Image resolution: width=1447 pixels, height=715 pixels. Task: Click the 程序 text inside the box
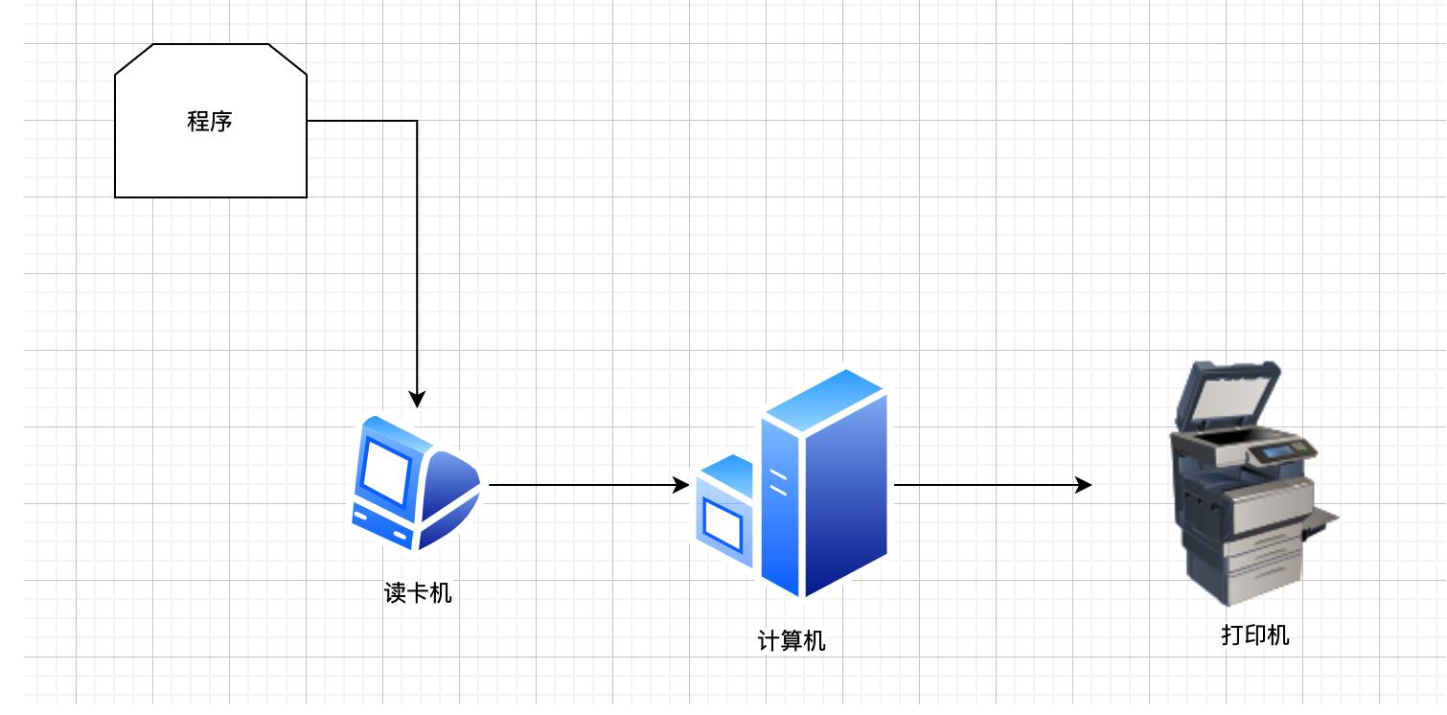tap(210, 122)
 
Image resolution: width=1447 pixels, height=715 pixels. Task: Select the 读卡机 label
tap(418, 593)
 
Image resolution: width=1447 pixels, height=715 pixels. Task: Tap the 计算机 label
tap(792, 640)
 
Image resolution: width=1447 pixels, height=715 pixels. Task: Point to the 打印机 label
tap(1255, 634)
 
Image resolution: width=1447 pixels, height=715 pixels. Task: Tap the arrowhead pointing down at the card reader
tap(417, 399)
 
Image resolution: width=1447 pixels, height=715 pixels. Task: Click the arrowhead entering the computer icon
tap(680, 485)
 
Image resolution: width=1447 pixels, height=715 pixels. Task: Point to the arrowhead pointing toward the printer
tap(1083, 485)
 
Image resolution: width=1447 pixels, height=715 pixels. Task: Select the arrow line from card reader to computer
tap(585, 485)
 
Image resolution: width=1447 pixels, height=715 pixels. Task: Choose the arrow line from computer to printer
tap(987, 485)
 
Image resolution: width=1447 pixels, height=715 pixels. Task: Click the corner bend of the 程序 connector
tap(417, 121)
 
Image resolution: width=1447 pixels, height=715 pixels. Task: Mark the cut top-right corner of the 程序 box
tap(287, 58)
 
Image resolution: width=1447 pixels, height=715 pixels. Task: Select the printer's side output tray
tap(1323, 522)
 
